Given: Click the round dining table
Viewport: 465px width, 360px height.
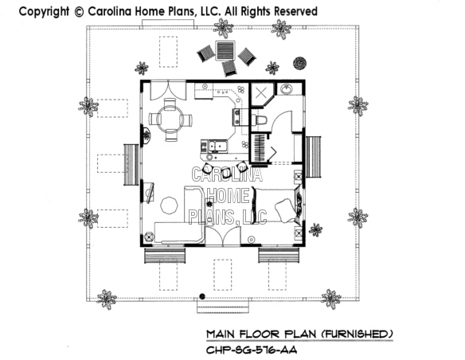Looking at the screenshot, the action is click(x=170, y=119).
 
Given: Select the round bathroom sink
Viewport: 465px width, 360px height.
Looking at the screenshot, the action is click(x=286, y=89).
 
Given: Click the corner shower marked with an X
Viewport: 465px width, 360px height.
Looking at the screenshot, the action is click(x=261, y=94).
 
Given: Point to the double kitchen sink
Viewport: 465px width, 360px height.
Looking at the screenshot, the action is click(x=217, y=147).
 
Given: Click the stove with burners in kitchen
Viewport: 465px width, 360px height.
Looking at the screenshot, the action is click(x=236, y=116).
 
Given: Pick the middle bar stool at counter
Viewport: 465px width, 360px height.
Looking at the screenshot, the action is click(x=227, y=172).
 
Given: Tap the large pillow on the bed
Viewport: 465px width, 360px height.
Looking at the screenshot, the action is click(x=285, y=210).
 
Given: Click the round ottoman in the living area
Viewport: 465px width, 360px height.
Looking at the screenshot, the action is click(x=169, y=205).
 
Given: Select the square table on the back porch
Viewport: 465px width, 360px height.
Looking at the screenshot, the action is click(x=225, y=51).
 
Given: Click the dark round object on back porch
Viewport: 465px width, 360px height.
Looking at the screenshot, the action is click(x=299, y=63).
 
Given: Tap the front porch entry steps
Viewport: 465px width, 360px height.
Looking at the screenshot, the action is click(x=223, y=305).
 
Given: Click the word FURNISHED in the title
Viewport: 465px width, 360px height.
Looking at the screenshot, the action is click(x=357, y=335).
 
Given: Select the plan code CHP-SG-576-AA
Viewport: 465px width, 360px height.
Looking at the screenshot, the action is click(x=251, y=350).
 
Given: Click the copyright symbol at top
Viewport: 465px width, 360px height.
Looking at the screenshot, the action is click(x=79, y=12).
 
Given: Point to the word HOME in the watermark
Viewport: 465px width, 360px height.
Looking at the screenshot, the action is click(x=229, y=195).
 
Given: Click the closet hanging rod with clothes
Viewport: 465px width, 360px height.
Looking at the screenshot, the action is click(x=260, y=148).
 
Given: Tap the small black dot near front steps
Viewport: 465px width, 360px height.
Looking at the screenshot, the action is click(x=202, y=296).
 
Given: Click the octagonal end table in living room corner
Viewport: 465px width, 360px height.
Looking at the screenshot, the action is click(x=149, y=237).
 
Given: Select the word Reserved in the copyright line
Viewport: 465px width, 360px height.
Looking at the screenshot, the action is click(x=295, y=12).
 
